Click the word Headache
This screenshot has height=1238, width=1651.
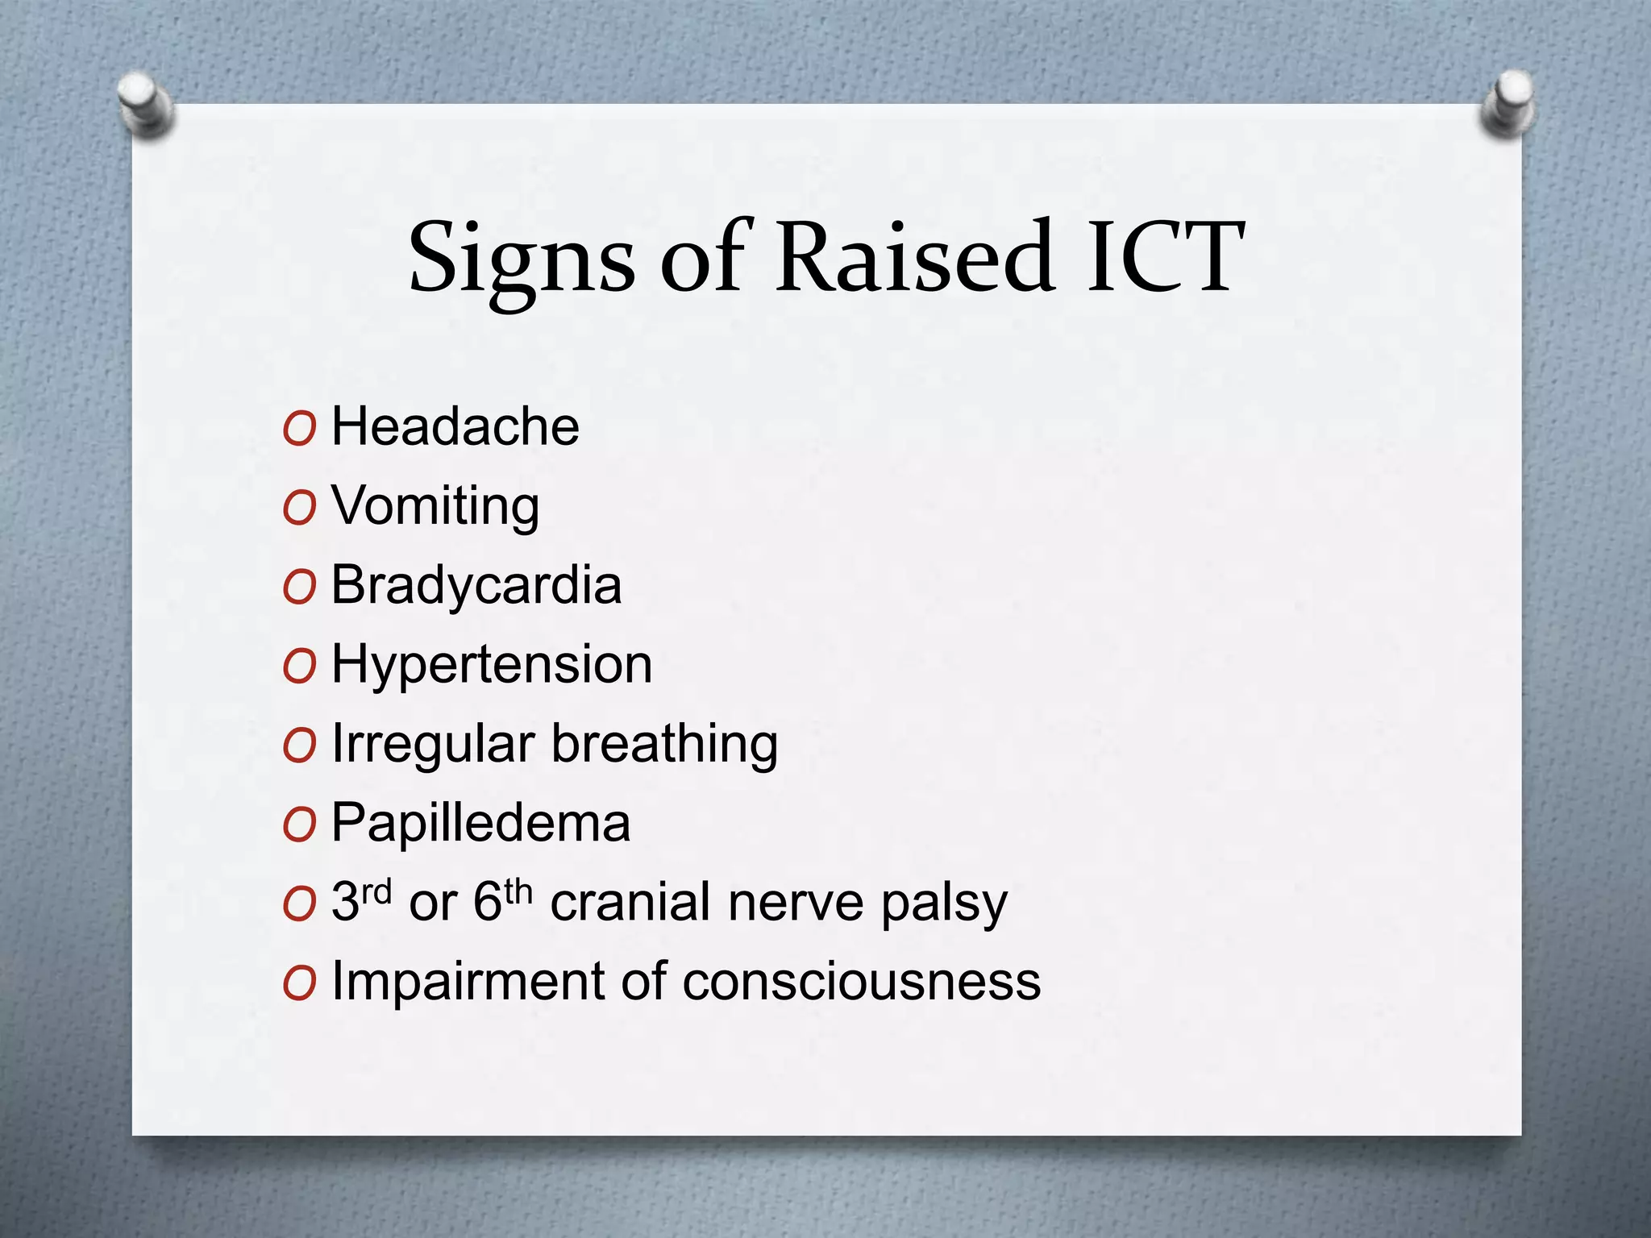click(x=455, y=426)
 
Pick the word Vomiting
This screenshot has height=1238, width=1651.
click(x=435, y=507)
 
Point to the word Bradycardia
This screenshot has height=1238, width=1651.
click(x=476, y=584)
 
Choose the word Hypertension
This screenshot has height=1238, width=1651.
click(x=492, y=666)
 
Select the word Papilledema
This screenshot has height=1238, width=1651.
click(x=480, y=823)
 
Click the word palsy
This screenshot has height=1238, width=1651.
click(x=943, y=904)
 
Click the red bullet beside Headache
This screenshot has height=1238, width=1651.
click(x=299, y=430)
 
